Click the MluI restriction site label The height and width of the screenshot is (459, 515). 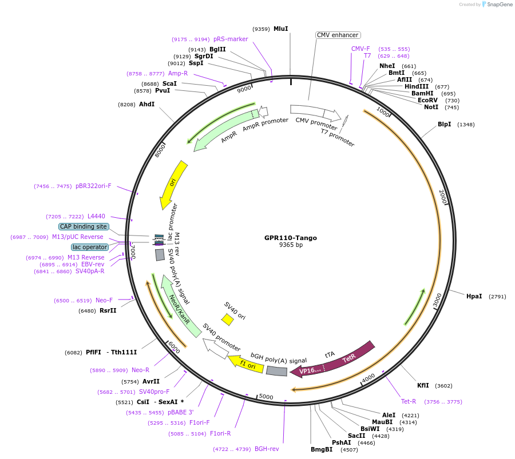coord(280,29)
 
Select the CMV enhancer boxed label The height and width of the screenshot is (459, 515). coord(338,35)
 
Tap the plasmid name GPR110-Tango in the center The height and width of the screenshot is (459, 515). coord(290,238)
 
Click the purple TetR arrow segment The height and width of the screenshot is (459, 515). coord(350,358)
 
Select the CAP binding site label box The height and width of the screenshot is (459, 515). coord(83,226)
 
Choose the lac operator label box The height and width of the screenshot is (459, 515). coord(90,247)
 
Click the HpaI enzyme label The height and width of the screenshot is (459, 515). coord(474,296)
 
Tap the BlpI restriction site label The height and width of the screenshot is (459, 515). coord(444,124)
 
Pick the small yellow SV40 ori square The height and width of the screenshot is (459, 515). coord(227,320)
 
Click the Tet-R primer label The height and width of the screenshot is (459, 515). coord(409,401)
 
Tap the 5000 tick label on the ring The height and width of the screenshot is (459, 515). coord(266,396)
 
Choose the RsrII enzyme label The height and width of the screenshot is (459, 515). coord(108,311)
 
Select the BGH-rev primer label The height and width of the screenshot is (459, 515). coord(267,449)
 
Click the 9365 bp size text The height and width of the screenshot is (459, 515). coord(291,245)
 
